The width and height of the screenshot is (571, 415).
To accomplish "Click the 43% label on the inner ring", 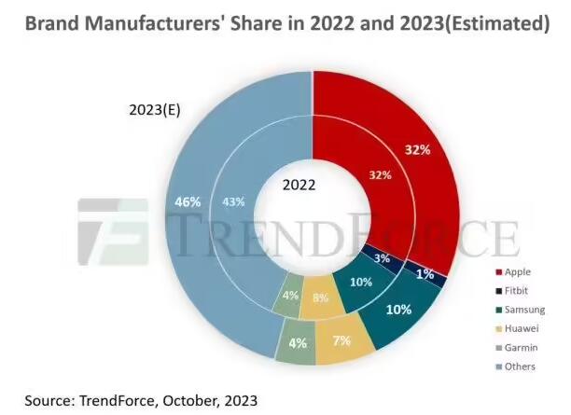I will click(235, 201).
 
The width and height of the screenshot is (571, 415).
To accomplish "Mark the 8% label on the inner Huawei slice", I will click(321, 299).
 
